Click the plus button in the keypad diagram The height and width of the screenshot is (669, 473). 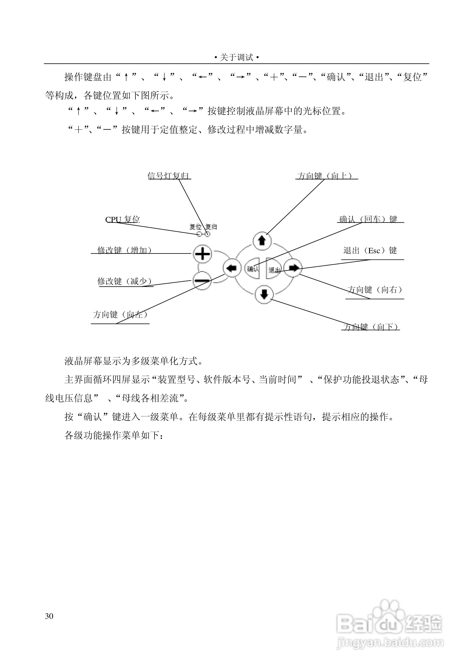[202, 254]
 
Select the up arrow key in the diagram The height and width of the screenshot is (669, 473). [262, 241]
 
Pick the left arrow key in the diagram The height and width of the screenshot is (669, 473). [232, 268]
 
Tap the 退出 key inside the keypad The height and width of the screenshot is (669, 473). [273, 269]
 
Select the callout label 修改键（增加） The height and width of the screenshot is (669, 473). [125, 250]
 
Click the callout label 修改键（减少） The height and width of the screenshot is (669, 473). [125, 281]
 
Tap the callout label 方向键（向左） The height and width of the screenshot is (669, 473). [120, 314]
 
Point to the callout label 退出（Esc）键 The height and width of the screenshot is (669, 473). [370, 250]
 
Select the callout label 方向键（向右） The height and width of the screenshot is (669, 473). [375, 290]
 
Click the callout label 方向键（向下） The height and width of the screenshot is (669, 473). [371, 327]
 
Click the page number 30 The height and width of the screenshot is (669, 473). [49, 616]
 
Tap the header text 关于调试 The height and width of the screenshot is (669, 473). [236, 57]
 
